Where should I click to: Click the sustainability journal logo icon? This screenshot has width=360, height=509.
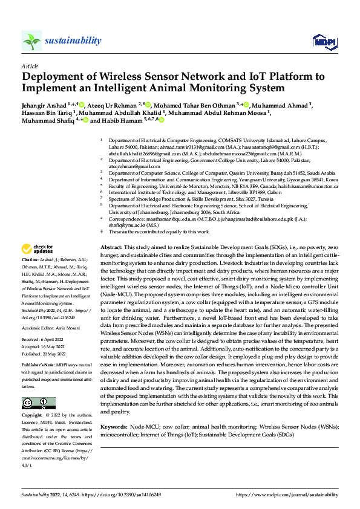coord(31,41)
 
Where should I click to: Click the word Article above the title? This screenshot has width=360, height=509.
coord(30,66)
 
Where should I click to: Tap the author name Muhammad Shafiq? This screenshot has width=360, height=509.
coord(46,120)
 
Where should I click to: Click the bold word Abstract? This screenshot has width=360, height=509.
coord(111,265)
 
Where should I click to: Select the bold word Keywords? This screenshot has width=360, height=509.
coord(114,427)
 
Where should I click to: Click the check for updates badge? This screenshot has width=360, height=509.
coord(38,265)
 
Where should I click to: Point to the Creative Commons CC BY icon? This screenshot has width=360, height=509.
coord(38,403)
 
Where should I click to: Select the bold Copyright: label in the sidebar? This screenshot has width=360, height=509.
coord(33,416)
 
